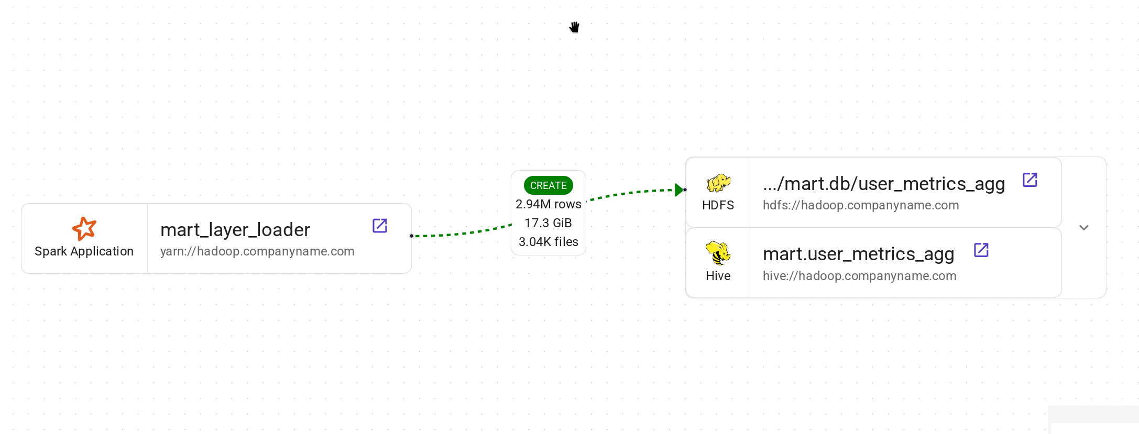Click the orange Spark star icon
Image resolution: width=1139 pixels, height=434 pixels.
[84, 229]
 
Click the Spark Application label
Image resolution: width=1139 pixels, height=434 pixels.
[84, 251]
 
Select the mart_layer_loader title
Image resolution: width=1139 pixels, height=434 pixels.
[235, 230]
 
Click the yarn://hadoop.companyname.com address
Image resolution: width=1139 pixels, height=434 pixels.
[257, 251]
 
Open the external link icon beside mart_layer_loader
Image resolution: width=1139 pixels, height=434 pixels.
[380, 226]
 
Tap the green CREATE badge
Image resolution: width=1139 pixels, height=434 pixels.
[548, 185]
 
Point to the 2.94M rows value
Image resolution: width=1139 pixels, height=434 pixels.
[548, 204]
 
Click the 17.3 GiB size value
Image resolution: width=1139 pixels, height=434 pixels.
[548, 223]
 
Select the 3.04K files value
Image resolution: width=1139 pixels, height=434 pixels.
[548, 242]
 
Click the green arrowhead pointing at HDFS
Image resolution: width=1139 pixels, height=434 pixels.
[679, 190]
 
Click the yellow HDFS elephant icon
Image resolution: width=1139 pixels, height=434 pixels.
[718, 183]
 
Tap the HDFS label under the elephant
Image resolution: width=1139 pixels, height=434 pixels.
[718, 205]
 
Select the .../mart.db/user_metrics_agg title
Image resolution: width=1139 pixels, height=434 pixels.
[883, 184]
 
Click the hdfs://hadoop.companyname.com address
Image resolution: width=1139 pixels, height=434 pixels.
[861, 205]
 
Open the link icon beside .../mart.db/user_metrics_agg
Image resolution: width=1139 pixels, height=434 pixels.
[1030, 180]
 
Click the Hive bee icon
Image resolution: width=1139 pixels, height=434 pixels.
[718, 253]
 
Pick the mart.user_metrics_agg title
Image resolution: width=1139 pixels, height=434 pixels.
[858, 254]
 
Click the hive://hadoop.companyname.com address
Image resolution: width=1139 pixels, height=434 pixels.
[859, 276]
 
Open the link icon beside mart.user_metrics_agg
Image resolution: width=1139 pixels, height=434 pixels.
[981, 250]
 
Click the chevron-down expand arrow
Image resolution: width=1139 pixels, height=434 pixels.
[1084, 228]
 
